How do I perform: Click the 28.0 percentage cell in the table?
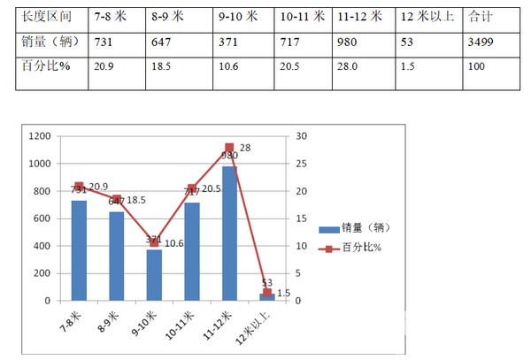point(348,65)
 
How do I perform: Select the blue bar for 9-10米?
point(154,275)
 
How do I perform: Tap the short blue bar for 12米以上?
point(266,297)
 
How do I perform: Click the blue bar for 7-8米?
point(79,250)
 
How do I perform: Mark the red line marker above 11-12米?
point(229,148)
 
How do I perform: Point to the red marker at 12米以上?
point(266,293)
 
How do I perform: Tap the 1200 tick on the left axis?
point(40,136)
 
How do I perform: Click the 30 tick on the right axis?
point(302,136)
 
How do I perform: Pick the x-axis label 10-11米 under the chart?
point(181,326)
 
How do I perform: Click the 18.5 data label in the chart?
point(135,201)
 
